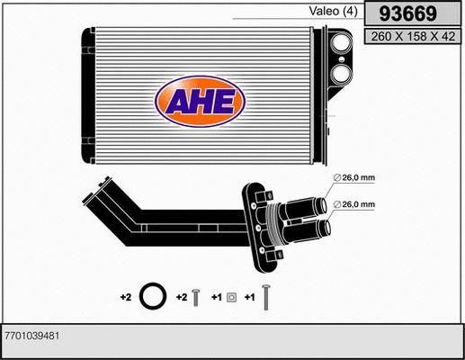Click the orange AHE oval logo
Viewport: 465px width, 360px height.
199,102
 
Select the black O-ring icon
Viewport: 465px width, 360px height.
154,296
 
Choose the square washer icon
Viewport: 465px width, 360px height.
231,296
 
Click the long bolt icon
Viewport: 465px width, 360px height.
266,296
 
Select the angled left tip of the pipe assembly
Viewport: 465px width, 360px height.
90,191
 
